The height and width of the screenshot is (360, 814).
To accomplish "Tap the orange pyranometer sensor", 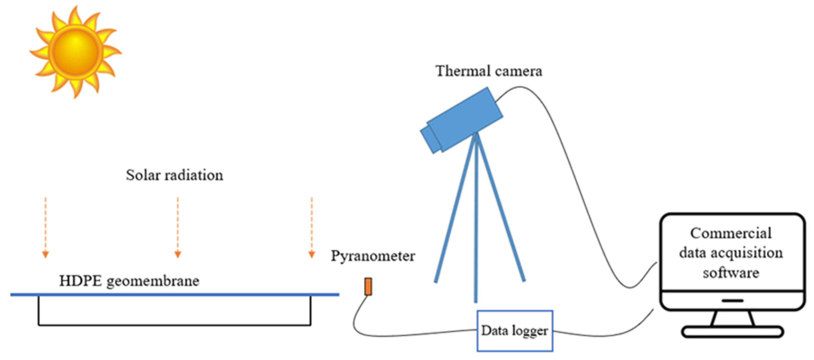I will [x=368, y=286].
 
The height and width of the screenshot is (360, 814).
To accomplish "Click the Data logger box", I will [x=515, y=331].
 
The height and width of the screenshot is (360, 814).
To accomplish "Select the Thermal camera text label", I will [x=488, y=71].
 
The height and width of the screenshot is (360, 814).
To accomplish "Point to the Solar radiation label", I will [x=174, y=175].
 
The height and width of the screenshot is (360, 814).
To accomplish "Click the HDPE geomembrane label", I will [x=129, y=281].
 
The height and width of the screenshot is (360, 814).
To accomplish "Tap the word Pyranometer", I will [x=373, y=256].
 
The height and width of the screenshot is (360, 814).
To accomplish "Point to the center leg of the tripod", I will [x=476, y=221].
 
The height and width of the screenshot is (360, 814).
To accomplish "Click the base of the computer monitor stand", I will [x=732, y=332].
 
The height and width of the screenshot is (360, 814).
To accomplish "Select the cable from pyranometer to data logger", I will [x=411, y=334].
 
